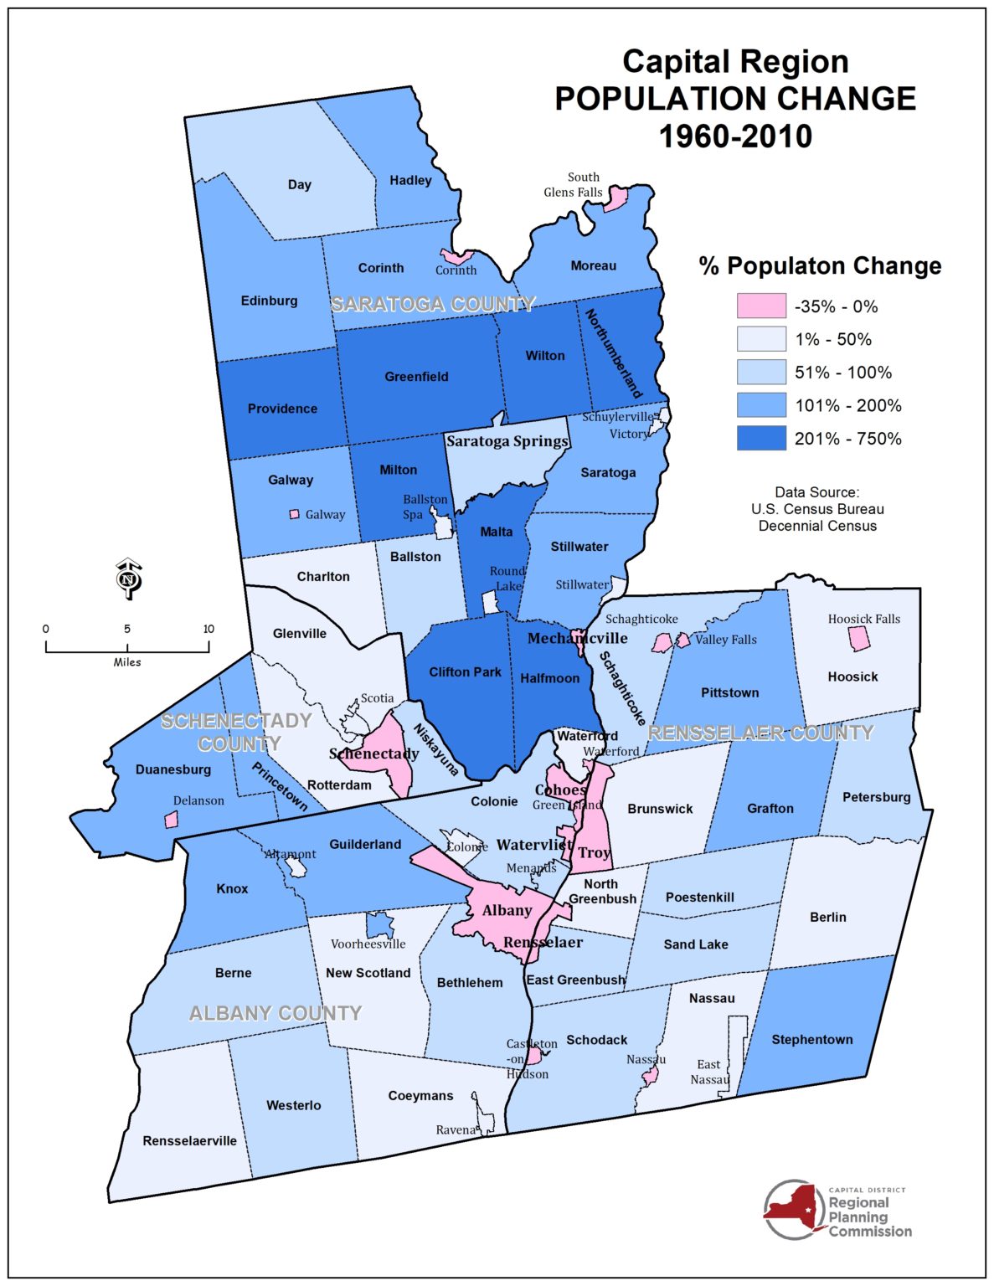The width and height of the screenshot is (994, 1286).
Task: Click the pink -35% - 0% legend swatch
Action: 761,306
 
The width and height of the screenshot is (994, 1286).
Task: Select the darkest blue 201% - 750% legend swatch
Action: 761,438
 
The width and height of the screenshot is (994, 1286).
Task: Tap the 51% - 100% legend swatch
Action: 761,372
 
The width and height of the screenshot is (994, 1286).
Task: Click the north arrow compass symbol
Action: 127,579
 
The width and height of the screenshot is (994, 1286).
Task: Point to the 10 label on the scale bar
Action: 209,629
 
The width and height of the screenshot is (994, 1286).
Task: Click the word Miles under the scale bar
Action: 127,662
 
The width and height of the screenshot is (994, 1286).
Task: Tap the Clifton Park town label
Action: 465,671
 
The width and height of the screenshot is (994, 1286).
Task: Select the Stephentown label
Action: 811,1039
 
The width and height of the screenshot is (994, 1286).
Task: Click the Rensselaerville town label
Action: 189,1140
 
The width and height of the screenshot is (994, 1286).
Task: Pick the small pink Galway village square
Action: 294,514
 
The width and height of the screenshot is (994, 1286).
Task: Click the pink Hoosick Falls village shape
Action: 859,639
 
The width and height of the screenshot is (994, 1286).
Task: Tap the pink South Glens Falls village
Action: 617,199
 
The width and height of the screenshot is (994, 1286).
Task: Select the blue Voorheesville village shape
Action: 379,925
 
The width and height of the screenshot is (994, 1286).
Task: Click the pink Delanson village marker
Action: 172,820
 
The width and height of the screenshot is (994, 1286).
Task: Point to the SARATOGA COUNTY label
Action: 433,304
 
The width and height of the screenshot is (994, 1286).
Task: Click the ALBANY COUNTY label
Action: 276,1013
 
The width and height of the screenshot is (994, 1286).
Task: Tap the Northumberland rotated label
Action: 613,353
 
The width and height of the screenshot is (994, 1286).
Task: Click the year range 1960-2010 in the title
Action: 735,136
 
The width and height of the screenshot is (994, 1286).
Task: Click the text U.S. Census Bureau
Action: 817,509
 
